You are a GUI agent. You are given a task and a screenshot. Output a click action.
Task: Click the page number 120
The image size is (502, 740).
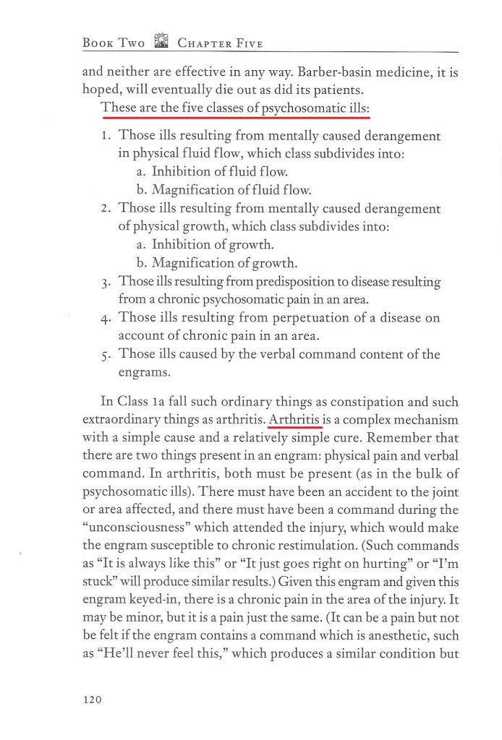pyautogui.click(x=93, y=699)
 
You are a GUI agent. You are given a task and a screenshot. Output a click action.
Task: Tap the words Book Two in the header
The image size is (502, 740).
pyautogui.click(x=114, y=43)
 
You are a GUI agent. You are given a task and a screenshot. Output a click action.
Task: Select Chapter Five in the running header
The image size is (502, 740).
pyautogui.click(x=220, y=43)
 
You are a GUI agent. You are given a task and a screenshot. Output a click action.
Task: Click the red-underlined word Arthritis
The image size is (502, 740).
pyautogui.click(x=294, y=418)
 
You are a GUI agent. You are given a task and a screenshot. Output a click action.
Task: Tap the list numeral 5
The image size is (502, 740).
pyautogui.click(x=106, y=355)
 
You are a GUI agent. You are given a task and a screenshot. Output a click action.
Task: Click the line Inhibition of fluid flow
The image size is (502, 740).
pyautogui.click(x=220, y=172)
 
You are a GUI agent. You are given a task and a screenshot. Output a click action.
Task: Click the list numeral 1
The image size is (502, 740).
pyautogui.click(x=106, y=135)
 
